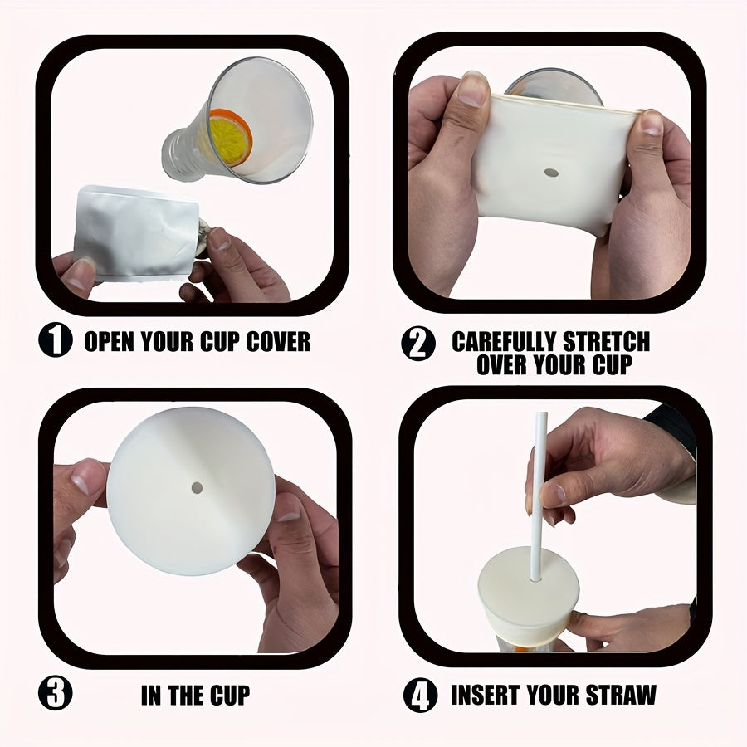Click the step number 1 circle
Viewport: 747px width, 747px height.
tap(56, 340)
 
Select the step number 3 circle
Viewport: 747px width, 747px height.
tap(56, 693)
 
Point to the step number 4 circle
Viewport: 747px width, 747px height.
tap(421, 695)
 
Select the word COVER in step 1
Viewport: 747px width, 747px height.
tap(276, 341)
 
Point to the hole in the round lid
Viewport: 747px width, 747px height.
tap(197, 487)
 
